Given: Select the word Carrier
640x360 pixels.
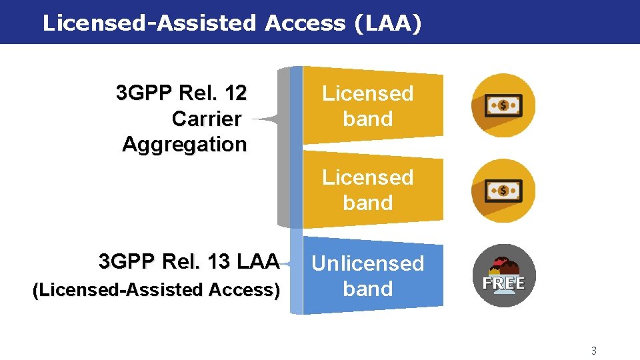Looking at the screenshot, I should [207, 119].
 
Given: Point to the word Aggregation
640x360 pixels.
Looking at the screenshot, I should [185, 144].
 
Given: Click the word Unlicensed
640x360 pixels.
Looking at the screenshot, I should [368, 264].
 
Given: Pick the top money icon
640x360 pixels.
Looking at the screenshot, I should [503, 105].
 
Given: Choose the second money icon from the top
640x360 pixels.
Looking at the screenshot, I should [503, 191].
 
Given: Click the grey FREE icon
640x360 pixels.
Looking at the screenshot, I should [504, 275].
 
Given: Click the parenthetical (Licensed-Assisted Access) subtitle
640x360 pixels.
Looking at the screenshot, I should [156, 290].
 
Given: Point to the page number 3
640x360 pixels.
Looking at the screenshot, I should [594, 351].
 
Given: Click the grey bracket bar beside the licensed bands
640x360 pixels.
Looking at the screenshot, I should [283, 147].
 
